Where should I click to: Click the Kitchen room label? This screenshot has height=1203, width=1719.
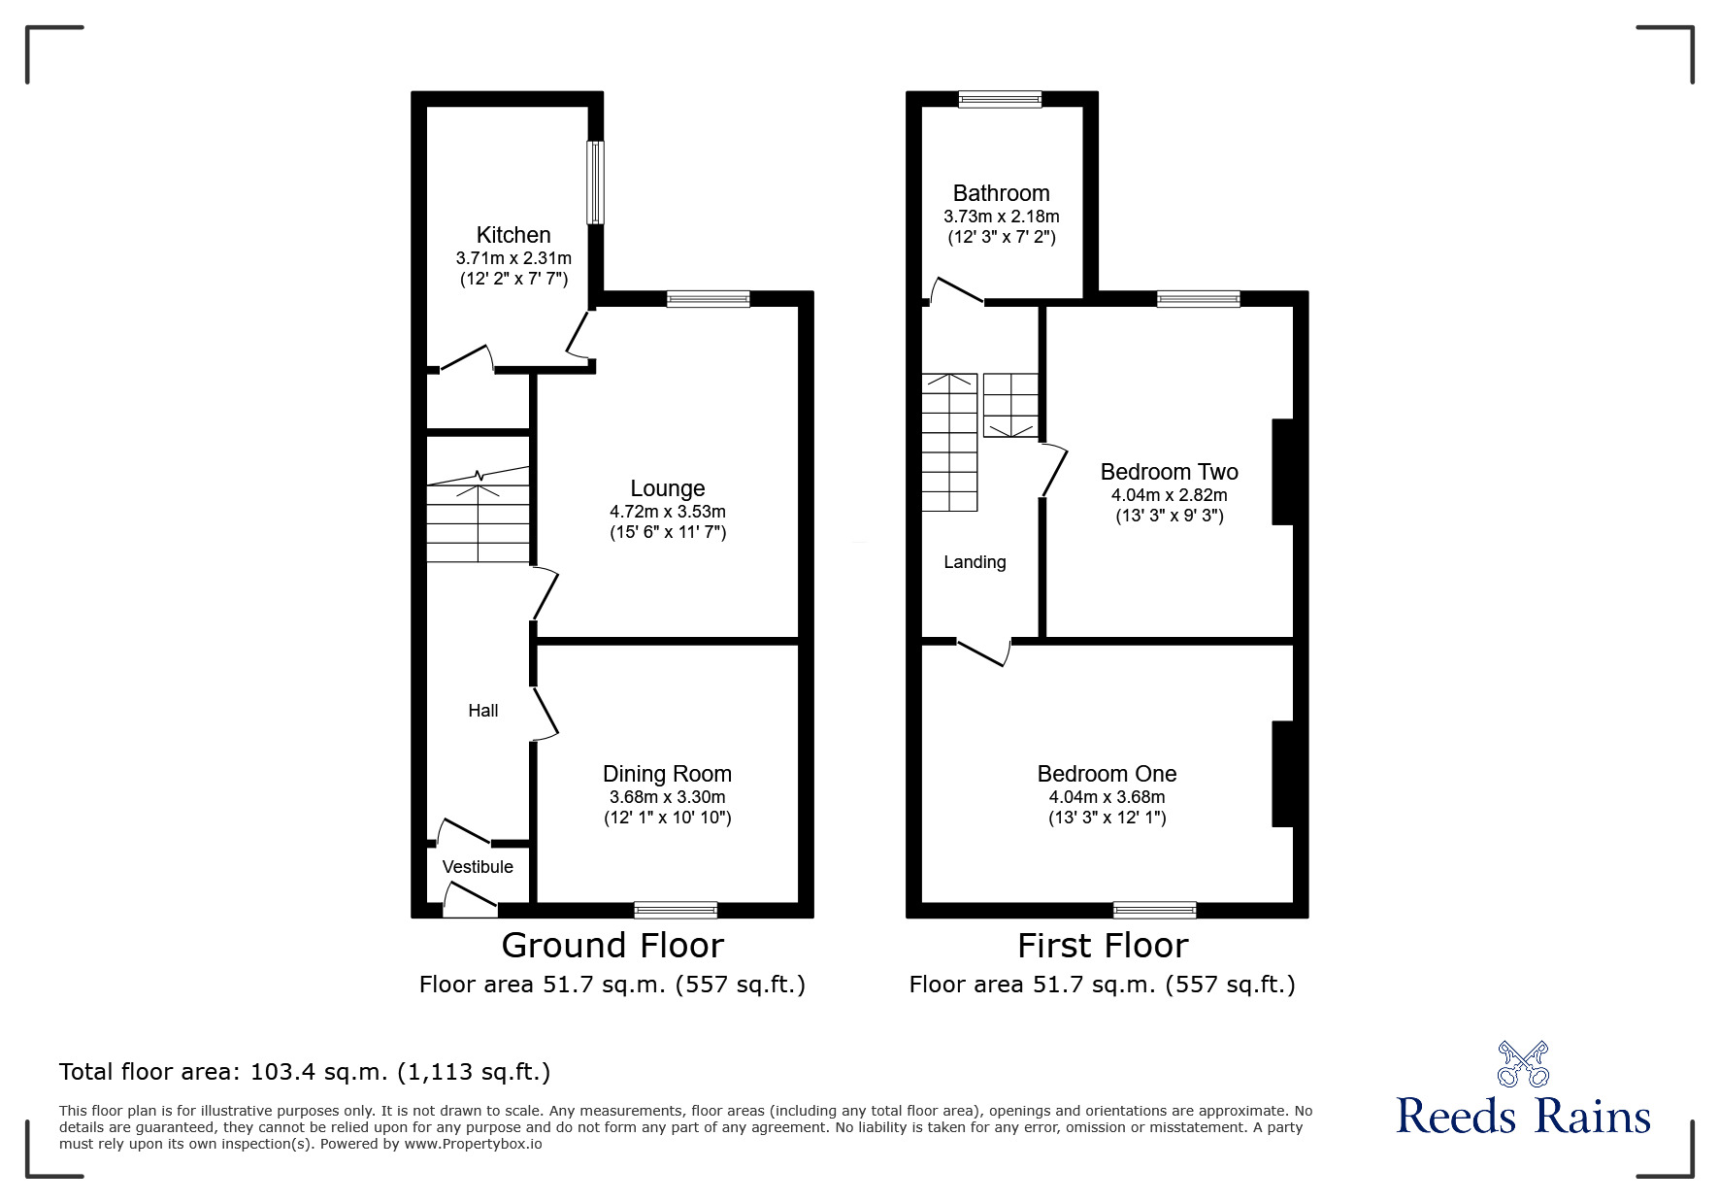point(513,235)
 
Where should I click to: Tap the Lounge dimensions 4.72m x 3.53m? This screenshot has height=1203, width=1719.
point(667,512)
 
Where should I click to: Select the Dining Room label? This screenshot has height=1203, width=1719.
point(667,774)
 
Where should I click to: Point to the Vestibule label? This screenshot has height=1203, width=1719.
point(478,867)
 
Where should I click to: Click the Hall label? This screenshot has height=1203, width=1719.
point(483,711)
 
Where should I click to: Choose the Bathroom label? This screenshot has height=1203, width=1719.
point(1001,193)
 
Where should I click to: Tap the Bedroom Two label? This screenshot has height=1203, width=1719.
point(1169,472)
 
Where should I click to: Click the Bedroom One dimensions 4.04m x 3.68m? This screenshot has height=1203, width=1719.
point(1107,797)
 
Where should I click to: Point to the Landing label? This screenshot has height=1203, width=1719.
point(975,562)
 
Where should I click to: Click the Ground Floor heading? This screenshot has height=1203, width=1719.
point(612,946)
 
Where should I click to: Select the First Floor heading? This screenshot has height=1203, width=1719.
point(1103,946)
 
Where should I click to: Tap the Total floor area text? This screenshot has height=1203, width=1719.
point(305,1072)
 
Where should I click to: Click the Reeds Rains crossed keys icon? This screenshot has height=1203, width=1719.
point(1523,1063)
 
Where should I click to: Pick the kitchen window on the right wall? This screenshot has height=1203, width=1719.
point(594,184)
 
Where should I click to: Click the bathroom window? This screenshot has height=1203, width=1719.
point(1000,98)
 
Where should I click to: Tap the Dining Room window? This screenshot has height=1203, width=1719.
point(676,910)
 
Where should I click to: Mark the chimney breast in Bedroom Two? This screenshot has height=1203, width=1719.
point(1283,472)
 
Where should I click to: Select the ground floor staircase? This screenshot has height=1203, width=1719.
point(479,515)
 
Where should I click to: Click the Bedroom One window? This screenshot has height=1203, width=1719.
point(1154,910)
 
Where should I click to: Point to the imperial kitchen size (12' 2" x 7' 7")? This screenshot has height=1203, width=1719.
point(513,279)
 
